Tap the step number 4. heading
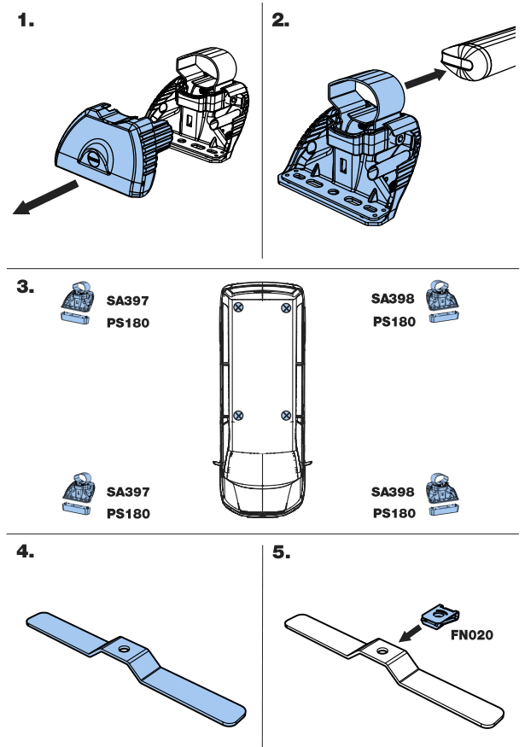point(26,552)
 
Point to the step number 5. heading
point(281,552)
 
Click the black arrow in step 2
point(425,79)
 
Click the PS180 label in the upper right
point(394,322)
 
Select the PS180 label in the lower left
point(128,514)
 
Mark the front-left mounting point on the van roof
point(239,416)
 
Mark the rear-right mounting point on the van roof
point(286,307)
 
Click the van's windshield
point(262,468)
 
